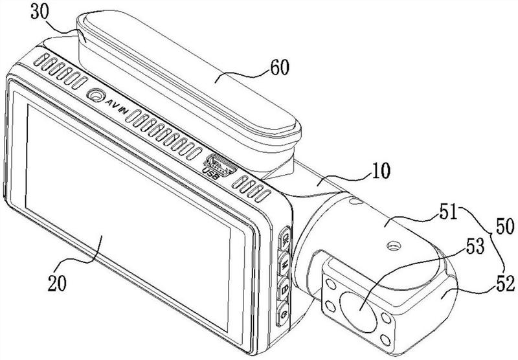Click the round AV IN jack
[x=97, y=96]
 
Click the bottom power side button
[x=283, y=315]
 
